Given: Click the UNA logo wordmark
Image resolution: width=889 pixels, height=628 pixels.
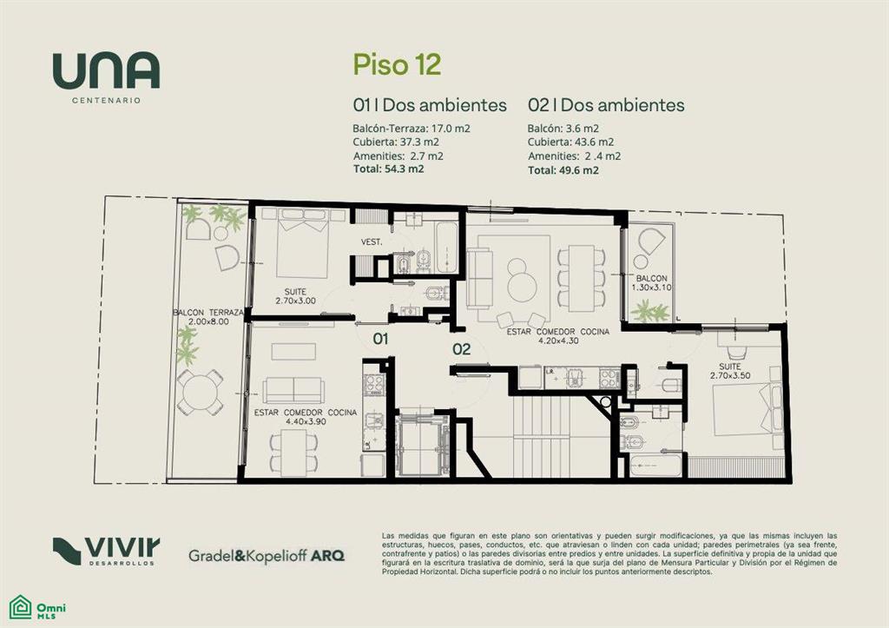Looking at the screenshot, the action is (x=106, y=71).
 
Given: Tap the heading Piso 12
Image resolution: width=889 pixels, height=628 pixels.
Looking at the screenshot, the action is (x=397, y=64).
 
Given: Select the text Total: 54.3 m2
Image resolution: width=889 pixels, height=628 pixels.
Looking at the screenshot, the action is (x=388, y=169).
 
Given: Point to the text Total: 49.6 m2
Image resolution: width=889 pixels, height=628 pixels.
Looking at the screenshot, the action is (x=563, y=170).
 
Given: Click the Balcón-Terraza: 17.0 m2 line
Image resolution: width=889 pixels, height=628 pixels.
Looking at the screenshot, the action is (x=411, y=129).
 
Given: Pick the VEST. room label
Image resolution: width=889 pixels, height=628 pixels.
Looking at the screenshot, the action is (x=372, y=242).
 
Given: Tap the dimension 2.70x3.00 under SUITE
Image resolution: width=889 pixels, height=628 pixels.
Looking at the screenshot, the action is (x=295, y=301).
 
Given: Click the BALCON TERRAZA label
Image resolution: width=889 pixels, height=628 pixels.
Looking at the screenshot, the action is (x=208, y=313).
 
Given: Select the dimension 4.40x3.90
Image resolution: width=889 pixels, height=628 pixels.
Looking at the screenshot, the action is (x=306, y=421).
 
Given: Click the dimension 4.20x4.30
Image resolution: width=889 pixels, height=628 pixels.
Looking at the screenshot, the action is (x=558, y=341).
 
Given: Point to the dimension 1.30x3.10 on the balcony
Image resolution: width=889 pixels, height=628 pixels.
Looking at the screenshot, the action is (x=651, y=288).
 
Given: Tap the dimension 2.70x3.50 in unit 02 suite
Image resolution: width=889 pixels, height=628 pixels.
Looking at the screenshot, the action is (x=729, y=375).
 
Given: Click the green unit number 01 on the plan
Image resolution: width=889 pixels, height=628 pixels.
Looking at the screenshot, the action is (x=380, y=340).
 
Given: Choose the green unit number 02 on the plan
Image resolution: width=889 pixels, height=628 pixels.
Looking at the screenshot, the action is (x=462, y=349).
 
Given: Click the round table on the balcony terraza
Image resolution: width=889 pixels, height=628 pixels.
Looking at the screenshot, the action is (x=200, y=392).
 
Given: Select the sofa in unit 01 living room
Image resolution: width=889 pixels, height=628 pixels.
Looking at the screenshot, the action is (x=293, y=390).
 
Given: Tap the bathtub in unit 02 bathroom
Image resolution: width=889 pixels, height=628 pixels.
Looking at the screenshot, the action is (x=655, y=466).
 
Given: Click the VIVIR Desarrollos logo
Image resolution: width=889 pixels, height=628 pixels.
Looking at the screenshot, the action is (x=106, y=551).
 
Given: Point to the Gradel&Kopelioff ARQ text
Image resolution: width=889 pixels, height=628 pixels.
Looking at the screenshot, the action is (x=267, y=555).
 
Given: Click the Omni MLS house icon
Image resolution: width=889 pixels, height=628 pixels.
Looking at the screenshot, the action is (x=21, y=606).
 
